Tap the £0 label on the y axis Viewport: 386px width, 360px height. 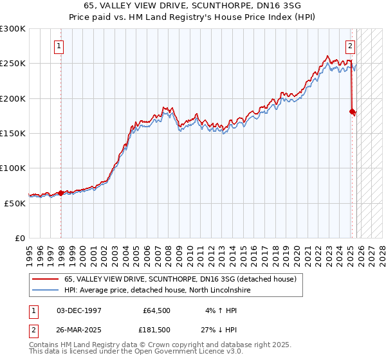[19, 238]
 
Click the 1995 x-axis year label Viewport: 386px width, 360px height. [30, 250]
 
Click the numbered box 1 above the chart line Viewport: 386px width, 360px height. [59, 46]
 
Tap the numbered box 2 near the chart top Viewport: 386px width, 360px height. [351, 46]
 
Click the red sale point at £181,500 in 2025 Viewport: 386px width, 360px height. [352, 111]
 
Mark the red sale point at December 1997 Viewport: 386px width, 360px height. [60, 193]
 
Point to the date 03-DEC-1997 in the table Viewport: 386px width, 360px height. [79, 310]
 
